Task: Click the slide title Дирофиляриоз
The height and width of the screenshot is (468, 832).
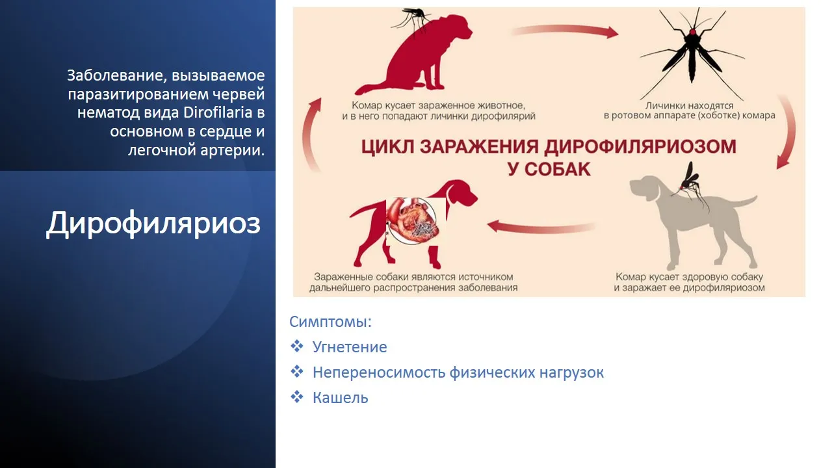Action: tap(153, 224)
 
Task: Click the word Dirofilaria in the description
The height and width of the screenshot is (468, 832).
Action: tap(218, 112)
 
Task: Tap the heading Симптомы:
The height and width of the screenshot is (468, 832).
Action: tap(330, 322)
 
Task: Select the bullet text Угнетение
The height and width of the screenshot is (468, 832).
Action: tap(350, 347)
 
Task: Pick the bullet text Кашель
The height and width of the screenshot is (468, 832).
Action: tap(340, 398)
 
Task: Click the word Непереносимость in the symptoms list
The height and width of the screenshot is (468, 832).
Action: tap(378, 372)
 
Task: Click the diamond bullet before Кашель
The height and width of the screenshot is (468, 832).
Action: tap(297, 396)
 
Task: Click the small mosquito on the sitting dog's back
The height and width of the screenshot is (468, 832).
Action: tap(411, 19)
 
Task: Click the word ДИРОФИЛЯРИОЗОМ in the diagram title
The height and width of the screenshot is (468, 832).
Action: tap(640, 146)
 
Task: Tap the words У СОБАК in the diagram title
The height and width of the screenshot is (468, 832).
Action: tap(549, 170)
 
